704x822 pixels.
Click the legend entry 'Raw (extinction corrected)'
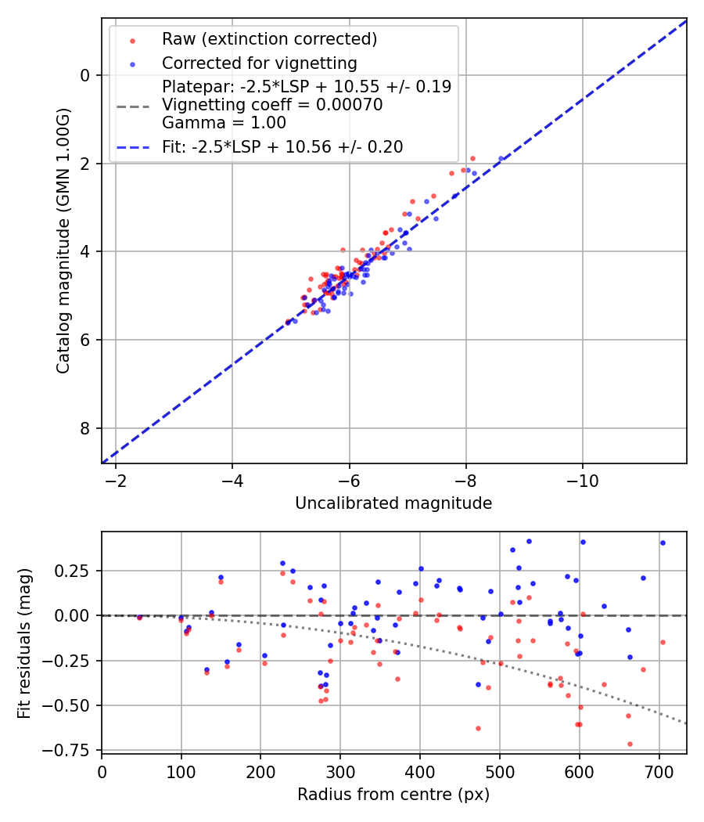269,39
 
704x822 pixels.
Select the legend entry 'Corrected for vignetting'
259,63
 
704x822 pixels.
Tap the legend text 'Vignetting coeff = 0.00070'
272,105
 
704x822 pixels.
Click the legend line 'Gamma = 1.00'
224,123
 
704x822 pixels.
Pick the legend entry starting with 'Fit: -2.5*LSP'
282,146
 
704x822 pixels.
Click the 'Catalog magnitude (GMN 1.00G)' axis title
63,240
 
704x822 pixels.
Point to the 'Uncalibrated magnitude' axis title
393,503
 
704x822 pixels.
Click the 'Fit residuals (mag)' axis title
24,643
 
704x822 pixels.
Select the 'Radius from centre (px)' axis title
393,795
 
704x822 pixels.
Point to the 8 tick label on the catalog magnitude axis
87,428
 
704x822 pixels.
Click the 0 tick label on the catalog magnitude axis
87,75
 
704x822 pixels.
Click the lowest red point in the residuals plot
630,744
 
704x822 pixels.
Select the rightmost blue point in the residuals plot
663,543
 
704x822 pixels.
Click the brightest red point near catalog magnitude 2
472,158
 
